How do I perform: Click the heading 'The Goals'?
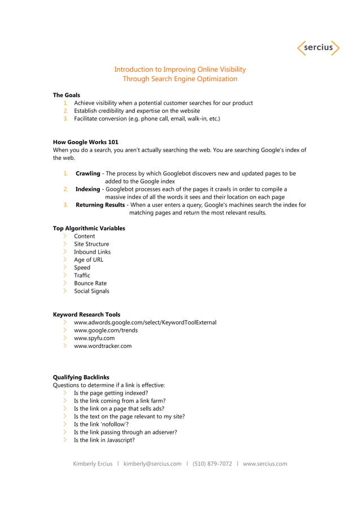point(67,95)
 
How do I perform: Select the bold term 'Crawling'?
point(88,173)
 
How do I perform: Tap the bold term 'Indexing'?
point(87,189)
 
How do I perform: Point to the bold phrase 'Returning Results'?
point(100,205)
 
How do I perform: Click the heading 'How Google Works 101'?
point(85,142)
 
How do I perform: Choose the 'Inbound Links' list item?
point(92,252)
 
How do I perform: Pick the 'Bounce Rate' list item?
point(90,284)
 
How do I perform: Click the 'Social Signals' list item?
point(91,291)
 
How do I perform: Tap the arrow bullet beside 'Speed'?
point(65,268)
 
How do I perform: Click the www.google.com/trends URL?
point(106,330)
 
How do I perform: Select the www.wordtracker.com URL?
point(103,346)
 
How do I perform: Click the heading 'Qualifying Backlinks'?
point(81,377)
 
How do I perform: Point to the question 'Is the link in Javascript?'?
point(104,440)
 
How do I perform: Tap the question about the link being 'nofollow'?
point(101,424)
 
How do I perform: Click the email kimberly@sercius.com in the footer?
point(152,464)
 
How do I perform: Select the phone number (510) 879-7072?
point(212,464)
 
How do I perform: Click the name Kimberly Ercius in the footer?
point(93,464)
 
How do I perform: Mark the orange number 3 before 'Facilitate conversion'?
point(65,119)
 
